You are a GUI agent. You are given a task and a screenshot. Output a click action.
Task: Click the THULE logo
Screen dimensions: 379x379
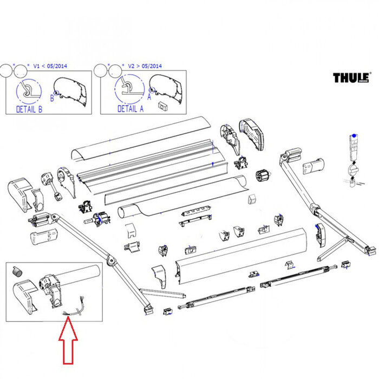351,77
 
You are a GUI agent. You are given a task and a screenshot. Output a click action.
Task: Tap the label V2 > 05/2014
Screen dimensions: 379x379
145,66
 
